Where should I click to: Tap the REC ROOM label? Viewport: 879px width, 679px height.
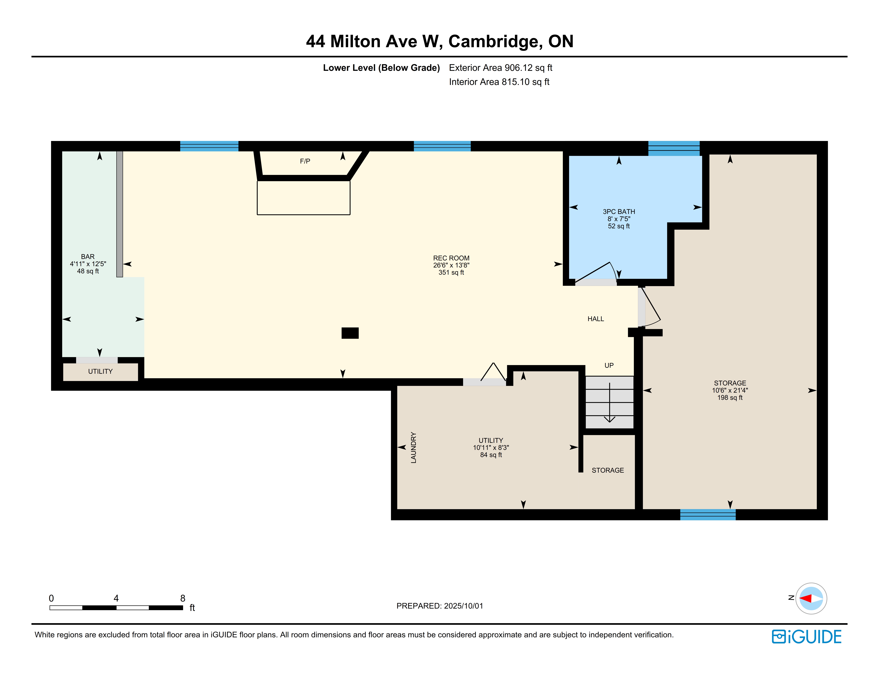point(451,258)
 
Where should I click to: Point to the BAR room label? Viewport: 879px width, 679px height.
point(88,257)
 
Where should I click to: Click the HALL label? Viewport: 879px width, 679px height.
point(596,319)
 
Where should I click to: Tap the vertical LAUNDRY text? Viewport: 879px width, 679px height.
point(413,448)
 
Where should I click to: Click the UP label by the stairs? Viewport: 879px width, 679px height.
point(609,365)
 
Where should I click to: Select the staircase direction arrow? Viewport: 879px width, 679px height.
point(609,402)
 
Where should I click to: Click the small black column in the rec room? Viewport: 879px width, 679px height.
point(350,333)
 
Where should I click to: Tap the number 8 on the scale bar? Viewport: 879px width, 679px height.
point(183,598)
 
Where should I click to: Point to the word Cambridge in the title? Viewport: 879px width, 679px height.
point(493,41)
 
